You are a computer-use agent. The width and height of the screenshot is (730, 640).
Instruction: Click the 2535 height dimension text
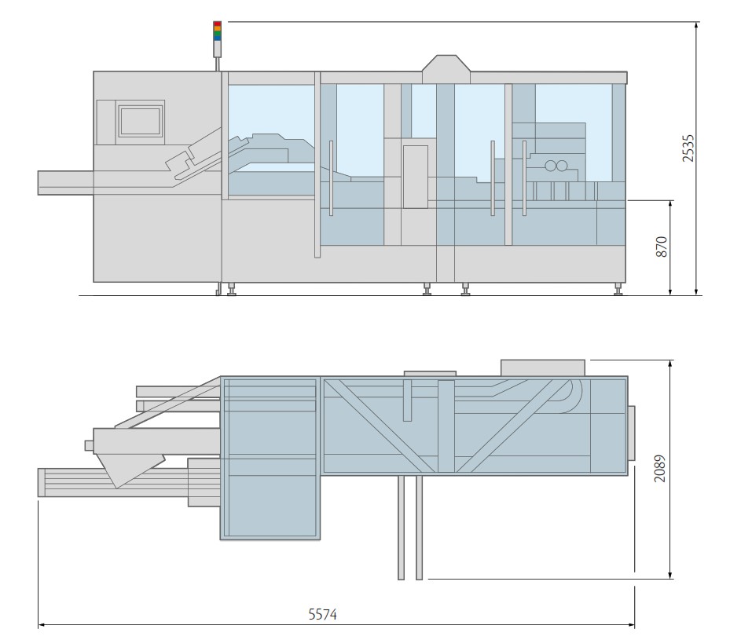[688, 148]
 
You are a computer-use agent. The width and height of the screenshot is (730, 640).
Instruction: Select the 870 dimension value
[662, 247]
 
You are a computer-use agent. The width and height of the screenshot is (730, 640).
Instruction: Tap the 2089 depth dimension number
[660, 468]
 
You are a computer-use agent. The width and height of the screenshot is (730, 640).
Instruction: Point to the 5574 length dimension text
[322, 614]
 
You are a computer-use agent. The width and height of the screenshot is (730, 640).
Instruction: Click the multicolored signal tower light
[218, 31]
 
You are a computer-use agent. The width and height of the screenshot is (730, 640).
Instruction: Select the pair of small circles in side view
[556, 166]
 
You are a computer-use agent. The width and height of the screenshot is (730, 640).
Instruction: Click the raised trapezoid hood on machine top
[446, 68]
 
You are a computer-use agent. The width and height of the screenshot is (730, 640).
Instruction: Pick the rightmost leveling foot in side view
[618, 290]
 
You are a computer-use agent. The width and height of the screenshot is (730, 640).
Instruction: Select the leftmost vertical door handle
[332, 177]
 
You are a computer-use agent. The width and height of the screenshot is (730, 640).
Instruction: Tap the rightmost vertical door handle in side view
[524, 177]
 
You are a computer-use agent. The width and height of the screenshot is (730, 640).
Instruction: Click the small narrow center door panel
[415, 177]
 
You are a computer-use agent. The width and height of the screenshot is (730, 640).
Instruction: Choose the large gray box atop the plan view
[542, 368]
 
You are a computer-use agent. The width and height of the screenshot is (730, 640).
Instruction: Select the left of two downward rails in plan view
[401, 527]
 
